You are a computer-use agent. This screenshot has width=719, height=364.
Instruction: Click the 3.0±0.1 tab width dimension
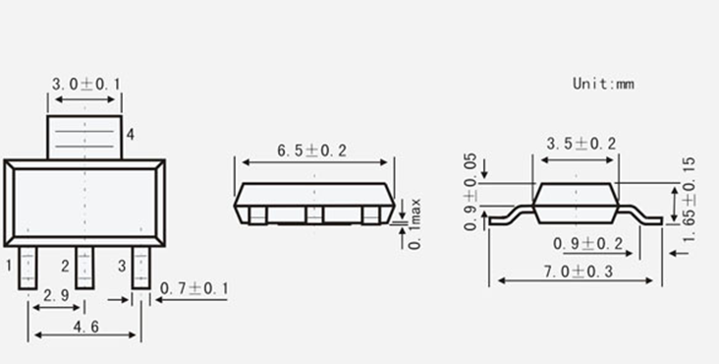tap(85, 84)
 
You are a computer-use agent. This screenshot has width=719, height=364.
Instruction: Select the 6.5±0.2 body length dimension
tap(311, 151)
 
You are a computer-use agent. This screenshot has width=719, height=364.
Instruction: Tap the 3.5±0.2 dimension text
tap(581, 144)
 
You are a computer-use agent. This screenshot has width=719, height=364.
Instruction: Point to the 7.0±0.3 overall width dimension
tap(579, 272)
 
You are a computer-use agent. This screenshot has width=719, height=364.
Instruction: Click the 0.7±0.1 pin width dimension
tap(194, 288)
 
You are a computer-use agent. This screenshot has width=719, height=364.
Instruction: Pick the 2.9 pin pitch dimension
tap(56, 295)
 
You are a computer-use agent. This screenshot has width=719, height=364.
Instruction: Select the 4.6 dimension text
tap(85, 327)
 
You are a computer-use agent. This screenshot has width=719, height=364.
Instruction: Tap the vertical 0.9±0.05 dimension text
tap(470, 192)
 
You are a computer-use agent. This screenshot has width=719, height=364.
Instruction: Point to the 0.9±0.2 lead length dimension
tap(587, 244)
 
